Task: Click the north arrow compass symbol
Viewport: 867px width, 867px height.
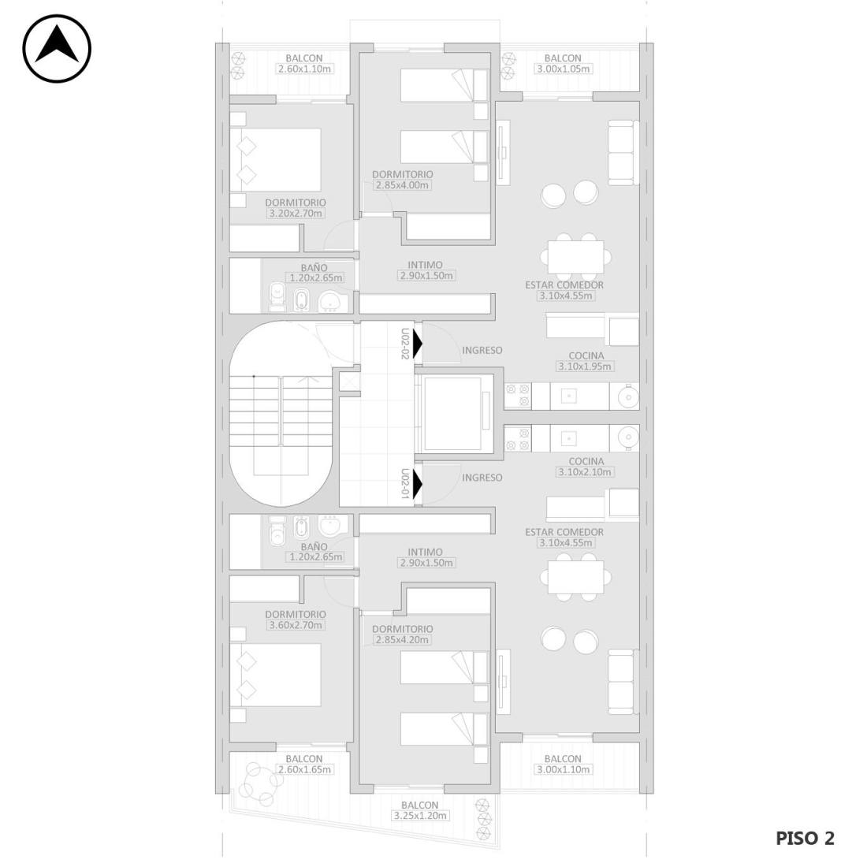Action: [57, 49]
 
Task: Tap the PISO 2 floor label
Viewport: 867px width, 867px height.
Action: [805, 838]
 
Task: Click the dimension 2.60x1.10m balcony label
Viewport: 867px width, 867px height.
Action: [304, 69]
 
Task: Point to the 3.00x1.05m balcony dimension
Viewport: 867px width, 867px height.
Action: [563, 69]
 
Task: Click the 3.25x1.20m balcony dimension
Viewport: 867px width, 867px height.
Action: [420, 816]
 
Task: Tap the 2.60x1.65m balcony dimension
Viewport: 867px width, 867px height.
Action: [304, 769]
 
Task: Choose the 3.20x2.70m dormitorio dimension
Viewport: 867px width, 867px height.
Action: [296, 213]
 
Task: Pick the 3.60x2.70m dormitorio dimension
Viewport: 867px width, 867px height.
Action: [296, 625]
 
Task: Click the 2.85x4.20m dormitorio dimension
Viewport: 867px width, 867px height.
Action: [402, 639]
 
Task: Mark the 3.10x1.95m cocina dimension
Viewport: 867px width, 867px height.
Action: [585, 366]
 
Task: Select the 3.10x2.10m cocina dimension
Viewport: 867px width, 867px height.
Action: [585, 471]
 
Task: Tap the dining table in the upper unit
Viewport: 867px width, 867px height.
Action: [575, 257]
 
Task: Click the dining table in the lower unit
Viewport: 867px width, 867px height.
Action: [575, 577]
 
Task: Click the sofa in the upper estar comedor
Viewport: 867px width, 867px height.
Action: [623, 153]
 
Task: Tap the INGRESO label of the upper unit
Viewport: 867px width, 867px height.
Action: [482, 350]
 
